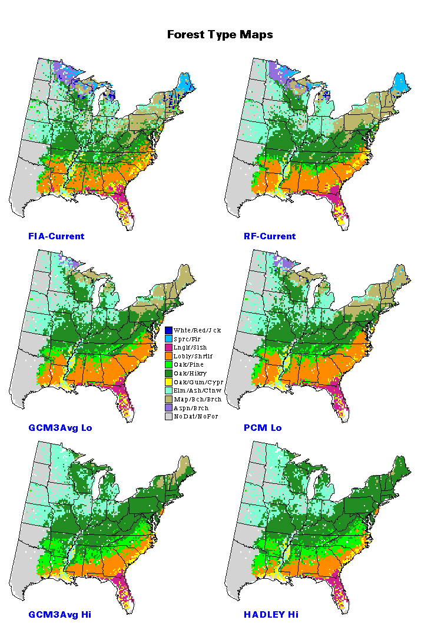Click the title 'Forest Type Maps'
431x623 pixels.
[x=220, y=35]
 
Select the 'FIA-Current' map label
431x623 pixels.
[x=56, y=236]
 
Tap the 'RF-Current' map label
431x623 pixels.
[x=270, y=236]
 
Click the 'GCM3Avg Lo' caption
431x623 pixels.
[x=60, y=427]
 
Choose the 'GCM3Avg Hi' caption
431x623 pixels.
[x=59, y=614]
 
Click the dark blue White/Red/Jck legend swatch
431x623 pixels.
[x=168, y=330]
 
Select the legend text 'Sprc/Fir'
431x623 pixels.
[x=187, y=339]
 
